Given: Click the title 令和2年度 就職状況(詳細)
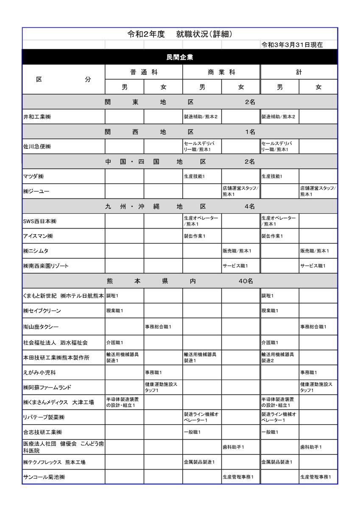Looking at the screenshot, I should [x=179, y=34].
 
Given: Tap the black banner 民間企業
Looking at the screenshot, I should [x=180, y=57].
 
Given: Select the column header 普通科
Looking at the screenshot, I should [x=144, y=72].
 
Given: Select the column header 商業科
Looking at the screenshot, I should [x=221, y=72].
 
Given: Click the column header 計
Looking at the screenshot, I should [x=299, y=72].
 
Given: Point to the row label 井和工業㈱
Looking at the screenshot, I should [x=37, y=117].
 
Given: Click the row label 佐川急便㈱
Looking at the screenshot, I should [x=37, y=147].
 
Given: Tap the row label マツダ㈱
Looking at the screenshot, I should [x=33, y=176].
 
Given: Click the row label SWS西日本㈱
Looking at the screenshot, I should [x=40, y=221].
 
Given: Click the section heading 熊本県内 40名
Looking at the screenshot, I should [x=180, y=281].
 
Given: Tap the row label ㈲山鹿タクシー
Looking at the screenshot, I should [x=41, y=327].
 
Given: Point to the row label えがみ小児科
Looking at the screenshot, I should [x=39, y=372].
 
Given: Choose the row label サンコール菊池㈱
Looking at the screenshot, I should [x=44, y=477].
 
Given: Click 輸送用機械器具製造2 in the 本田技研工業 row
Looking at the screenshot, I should [x=278, y=357].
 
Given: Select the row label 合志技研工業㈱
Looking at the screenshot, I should [x=42, y=432].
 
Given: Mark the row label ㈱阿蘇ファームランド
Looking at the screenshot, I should [x=47, y=387].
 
